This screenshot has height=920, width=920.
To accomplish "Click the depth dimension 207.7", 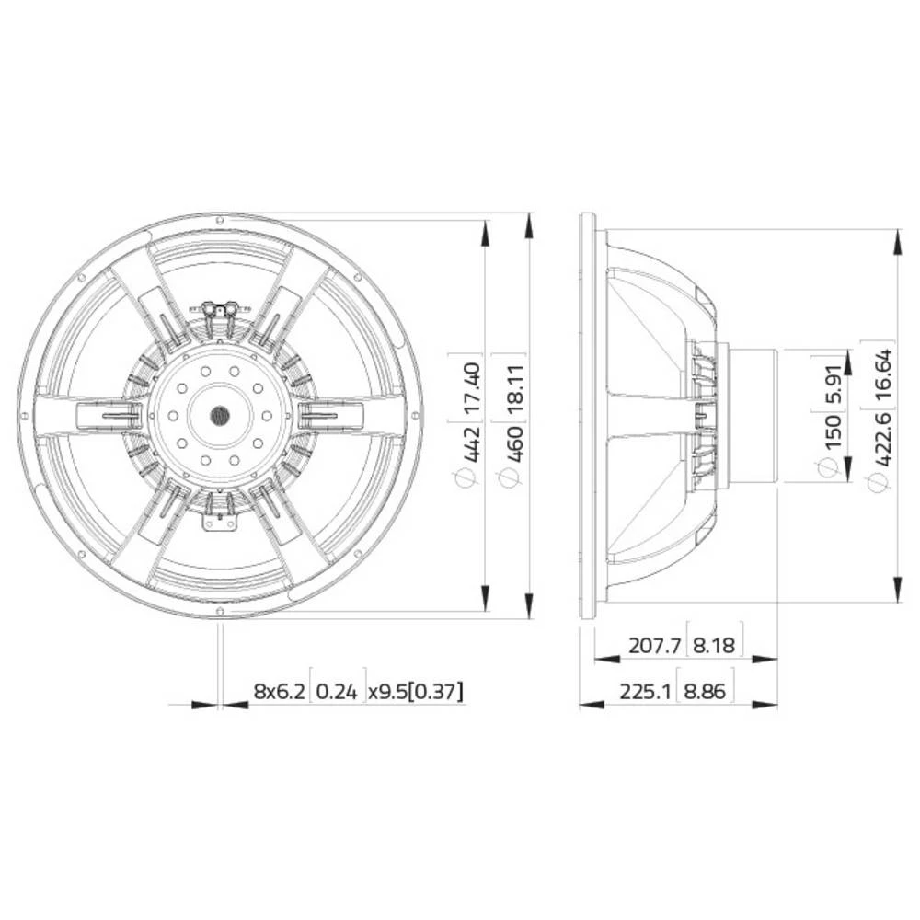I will click(x=654, y=646).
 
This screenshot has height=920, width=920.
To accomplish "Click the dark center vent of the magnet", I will click(x=221, y=416).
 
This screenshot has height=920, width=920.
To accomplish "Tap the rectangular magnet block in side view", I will click(x=754, y=416).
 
